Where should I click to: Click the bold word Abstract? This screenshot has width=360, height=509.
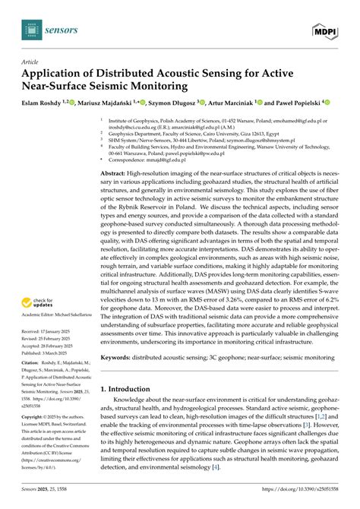115,173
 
